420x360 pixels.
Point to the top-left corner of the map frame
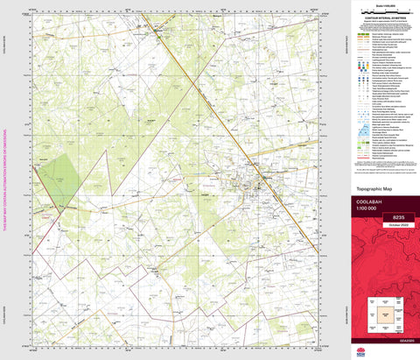(x=33, y=15)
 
